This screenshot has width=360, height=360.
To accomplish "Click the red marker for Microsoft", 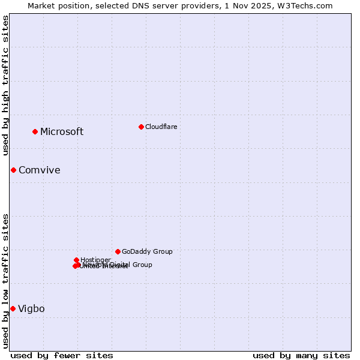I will coord(35,131).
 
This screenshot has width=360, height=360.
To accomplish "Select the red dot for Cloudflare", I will coord(141,127).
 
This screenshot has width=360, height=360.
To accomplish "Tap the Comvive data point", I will coord(13,170).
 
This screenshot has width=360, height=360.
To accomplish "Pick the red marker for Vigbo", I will coord(13,308).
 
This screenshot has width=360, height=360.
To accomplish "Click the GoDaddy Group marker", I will coord(118,251).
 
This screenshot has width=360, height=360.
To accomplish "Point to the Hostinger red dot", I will coord(76,260).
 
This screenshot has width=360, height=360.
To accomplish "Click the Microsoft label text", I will coord(62,132).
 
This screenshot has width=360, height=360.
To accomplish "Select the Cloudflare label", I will coord(161,127).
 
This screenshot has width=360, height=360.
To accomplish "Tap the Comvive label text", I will coord(39,170).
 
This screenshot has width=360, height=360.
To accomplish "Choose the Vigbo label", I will coord(31,309).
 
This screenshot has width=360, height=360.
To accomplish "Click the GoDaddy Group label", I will coord(147,252).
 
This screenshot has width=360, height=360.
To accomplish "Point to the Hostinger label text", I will coord(95,260).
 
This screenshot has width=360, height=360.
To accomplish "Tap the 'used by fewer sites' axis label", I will coord(62,355).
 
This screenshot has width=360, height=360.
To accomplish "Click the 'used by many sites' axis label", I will coord(301,355).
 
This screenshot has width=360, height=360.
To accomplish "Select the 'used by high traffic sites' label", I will coord(5,85).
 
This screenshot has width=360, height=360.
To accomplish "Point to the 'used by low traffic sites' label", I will coord(5,281).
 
